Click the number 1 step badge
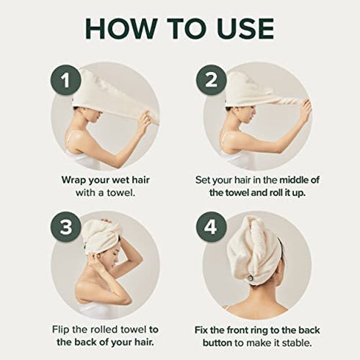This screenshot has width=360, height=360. [x=65, y=81]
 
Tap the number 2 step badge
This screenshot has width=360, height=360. [x=211, y=80]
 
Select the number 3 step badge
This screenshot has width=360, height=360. [x=65, y=227]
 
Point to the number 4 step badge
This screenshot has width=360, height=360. [x=210, y=227]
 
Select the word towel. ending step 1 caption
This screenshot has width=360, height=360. [x=121, y=192]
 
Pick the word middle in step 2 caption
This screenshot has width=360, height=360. [x=292, y=180]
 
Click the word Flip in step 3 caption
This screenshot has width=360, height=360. [x=60, y=330]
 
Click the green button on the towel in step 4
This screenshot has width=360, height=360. [x=250, y=278]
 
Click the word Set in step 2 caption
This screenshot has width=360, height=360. [x=203, y=180]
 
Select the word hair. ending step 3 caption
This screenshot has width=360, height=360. [x=145, y=342]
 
